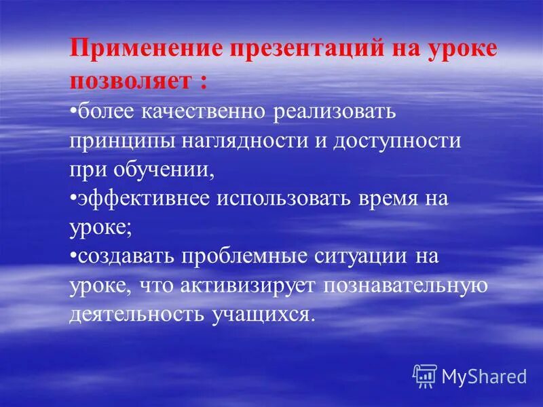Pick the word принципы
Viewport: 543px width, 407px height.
point(121,142)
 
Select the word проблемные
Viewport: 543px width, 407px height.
point(251,258)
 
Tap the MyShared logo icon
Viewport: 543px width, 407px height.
point(424,375)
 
